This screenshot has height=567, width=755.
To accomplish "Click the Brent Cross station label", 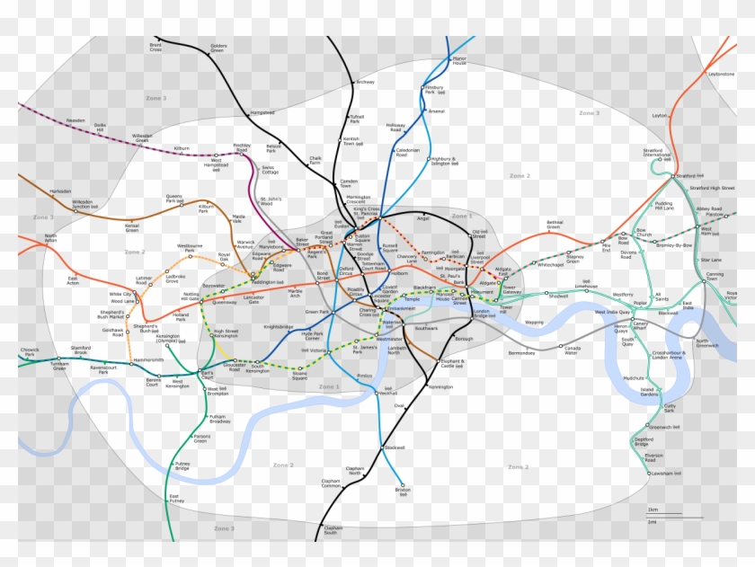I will point(155,46).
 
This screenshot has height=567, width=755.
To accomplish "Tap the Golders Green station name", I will point(218,48).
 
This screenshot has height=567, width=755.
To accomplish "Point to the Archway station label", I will point(365,83).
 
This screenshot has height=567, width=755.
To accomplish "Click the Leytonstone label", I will point(721,74).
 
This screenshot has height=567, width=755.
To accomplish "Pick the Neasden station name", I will point(75,120).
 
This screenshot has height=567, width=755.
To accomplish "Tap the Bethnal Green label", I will point(555,224).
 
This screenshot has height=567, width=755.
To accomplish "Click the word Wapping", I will point(535,322).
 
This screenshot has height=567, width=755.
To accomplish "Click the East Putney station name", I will point(176,499).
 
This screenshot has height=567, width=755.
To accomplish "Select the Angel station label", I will point(423,217).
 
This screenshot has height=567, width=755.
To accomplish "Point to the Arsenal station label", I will point(437,111).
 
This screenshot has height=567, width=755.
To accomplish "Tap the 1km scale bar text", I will point(652,510).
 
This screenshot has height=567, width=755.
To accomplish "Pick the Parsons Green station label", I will point(200,439).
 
